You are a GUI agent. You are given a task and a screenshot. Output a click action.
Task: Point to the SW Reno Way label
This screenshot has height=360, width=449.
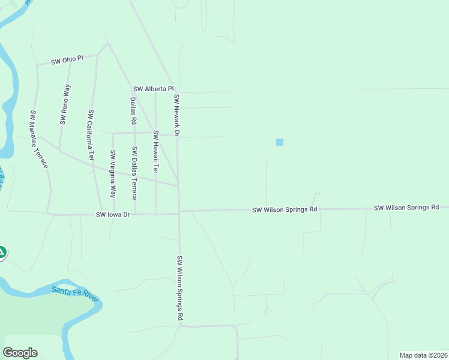(65, 104)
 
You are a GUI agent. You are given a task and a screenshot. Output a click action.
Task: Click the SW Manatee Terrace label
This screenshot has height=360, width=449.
(39, 139)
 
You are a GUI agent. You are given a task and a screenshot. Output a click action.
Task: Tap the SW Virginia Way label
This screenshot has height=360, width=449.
(112, 174)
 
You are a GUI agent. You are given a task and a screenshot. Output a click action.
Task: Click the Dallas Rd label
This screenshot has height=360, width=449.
(133, 112)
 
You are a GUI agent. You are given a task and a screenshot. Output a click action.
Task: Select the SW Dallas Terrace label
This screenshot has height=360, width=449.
(134, 173)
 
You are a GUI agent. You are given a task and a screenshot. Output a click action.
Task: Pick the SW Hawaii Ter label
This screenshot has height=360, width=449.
(155, 152)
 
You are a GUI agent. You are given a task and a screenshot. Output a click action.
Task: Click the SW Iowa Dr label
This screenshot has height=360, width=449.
(113, 214)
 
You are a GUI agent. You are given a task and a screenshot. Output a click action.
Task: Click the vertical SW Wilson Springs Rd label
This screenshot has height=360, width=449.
(179, 288)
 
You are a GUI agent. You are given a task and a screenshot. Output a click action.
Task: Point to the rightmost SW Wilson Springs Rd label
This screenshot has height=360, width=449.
(406, 208)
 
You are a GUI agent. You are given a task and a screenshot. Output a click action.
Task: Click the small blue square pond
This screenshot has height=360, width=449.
(279, 142)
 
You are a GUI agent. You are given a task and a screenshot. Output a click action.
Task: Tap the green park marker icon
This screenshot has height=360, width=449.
(2, 253)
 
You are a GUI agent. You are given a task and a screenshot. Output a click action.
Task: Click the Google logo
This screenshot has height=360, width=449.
(20, 353)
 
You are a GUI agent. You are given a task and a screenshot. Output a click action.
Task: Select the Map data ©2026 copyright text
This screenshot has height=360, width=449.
(423, 355)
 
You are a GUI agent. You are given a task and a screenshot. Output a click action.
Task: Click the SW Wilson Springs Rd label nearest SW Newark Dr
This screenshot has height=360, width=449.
(285, 210)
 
